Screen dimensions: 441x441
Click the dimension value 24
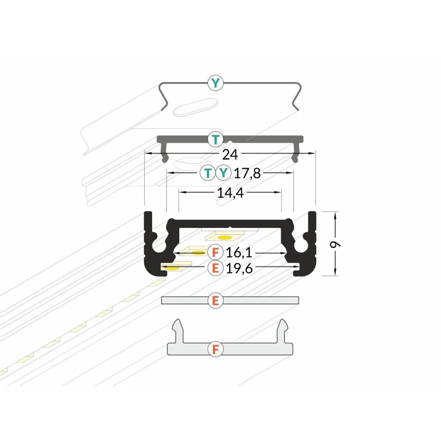(230, 155)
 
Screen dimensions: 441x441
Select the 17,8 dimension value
(247, 173)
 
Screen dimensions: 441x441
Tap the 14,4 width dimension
(230, 193)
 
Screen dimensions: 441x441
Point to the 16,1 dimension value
(239, 253)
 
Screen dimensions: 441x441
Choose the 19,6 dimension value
(239, 268)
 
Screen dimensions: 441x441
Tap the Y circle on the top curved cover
(215, 83)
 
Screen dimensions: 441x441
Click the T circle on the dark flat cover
(215, 139)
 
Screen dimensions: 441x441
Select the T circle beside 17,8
(208, 173)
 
